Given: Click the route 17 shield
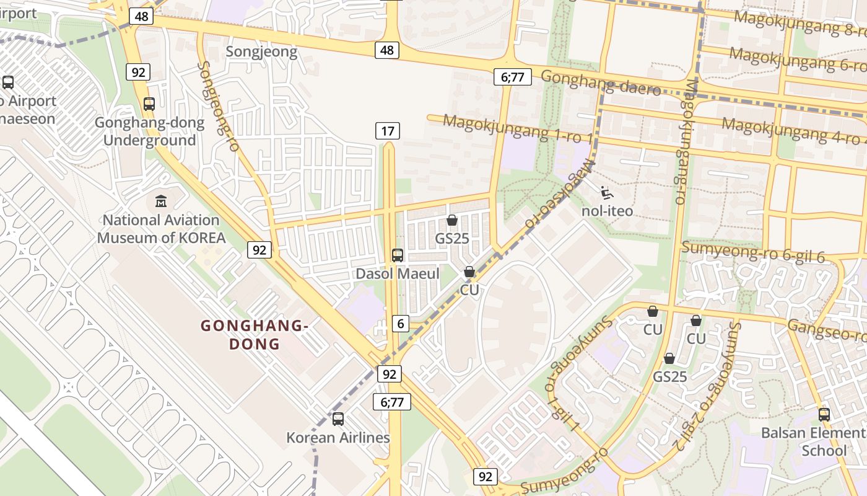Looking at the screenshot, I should click(x=387, y=131).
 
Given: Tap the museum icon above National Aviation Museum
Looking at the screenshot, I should click(x=161, y=201).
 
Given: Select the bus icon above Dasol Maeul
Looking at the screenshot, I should click(x=398, y=255).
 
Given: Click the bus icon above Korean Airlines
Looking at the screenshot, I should click(x=338, y=419).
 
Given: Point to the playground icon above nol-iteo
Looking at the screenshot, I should click(x=607, y=193).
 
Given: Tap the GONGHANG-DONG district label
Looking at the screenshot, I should click(x=255, y=334).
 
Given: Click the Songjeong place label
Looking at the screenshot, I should click(x=261, y=51).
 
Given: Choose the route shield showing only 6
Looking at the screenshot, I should click(x=401, y=323).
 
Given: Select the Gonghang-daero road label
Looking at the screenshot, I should click(x=601, y=82).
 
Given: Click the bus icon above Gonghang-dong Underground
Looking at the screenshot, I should click(x=149, y=104).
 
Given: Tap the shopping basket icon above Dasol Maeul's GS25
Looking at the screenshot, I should click(x=452, y=221).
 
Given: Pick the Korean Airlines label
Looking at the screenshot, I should click(x=338, y=438).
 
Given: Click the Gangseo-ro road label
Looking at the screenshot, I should click(x=827, y=330).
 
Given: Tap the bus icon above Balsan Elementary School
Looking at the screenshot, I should click(x=824, y=415).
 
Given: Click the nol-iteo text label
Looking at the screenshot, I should click(x=607, y=211).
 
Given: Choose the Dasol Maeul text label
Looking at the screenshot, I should click(x=398, y=273).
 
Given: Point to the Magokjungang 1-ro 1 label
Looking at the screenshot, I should click(x=518, y=128).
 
